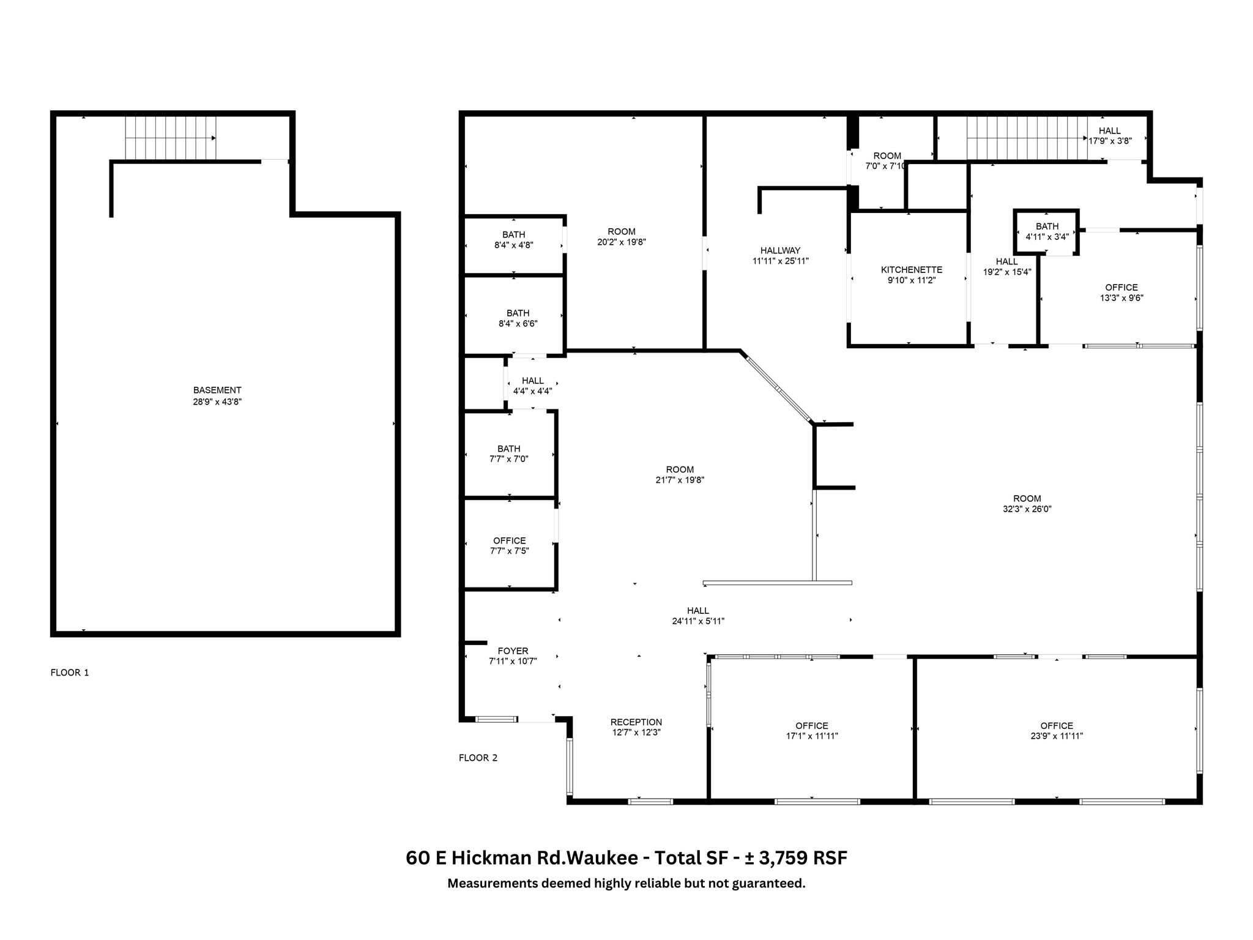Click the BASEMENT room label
click(x=217, y=390)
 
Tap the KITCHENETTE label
click(x=911, y=270)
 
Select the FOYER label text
click(x=513, y=651)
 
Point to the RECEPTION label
click(x=636, y=722)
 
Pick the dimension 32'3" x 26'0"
click(x=1027, y=509)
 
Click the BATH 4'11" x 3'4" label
click(x=1047, y=231)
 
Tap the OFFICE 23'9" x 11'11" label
click(x=1056, y=731)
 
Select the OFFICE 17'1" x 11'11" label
click(x=811, y=731)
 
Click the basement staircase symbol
click(x=170, y=137)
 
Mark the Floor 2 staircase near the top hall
click(x=1026, y=138)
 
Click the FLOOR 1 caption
click(x=70, y=673)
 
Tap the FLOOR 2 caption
click(x=478, y=758)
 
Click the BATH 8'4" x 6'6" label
click(x=518, y=318)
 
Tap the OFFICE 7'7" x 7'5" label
click(x=509, y=545)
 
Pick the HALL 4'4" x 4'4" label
click(x=532, y=386)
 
